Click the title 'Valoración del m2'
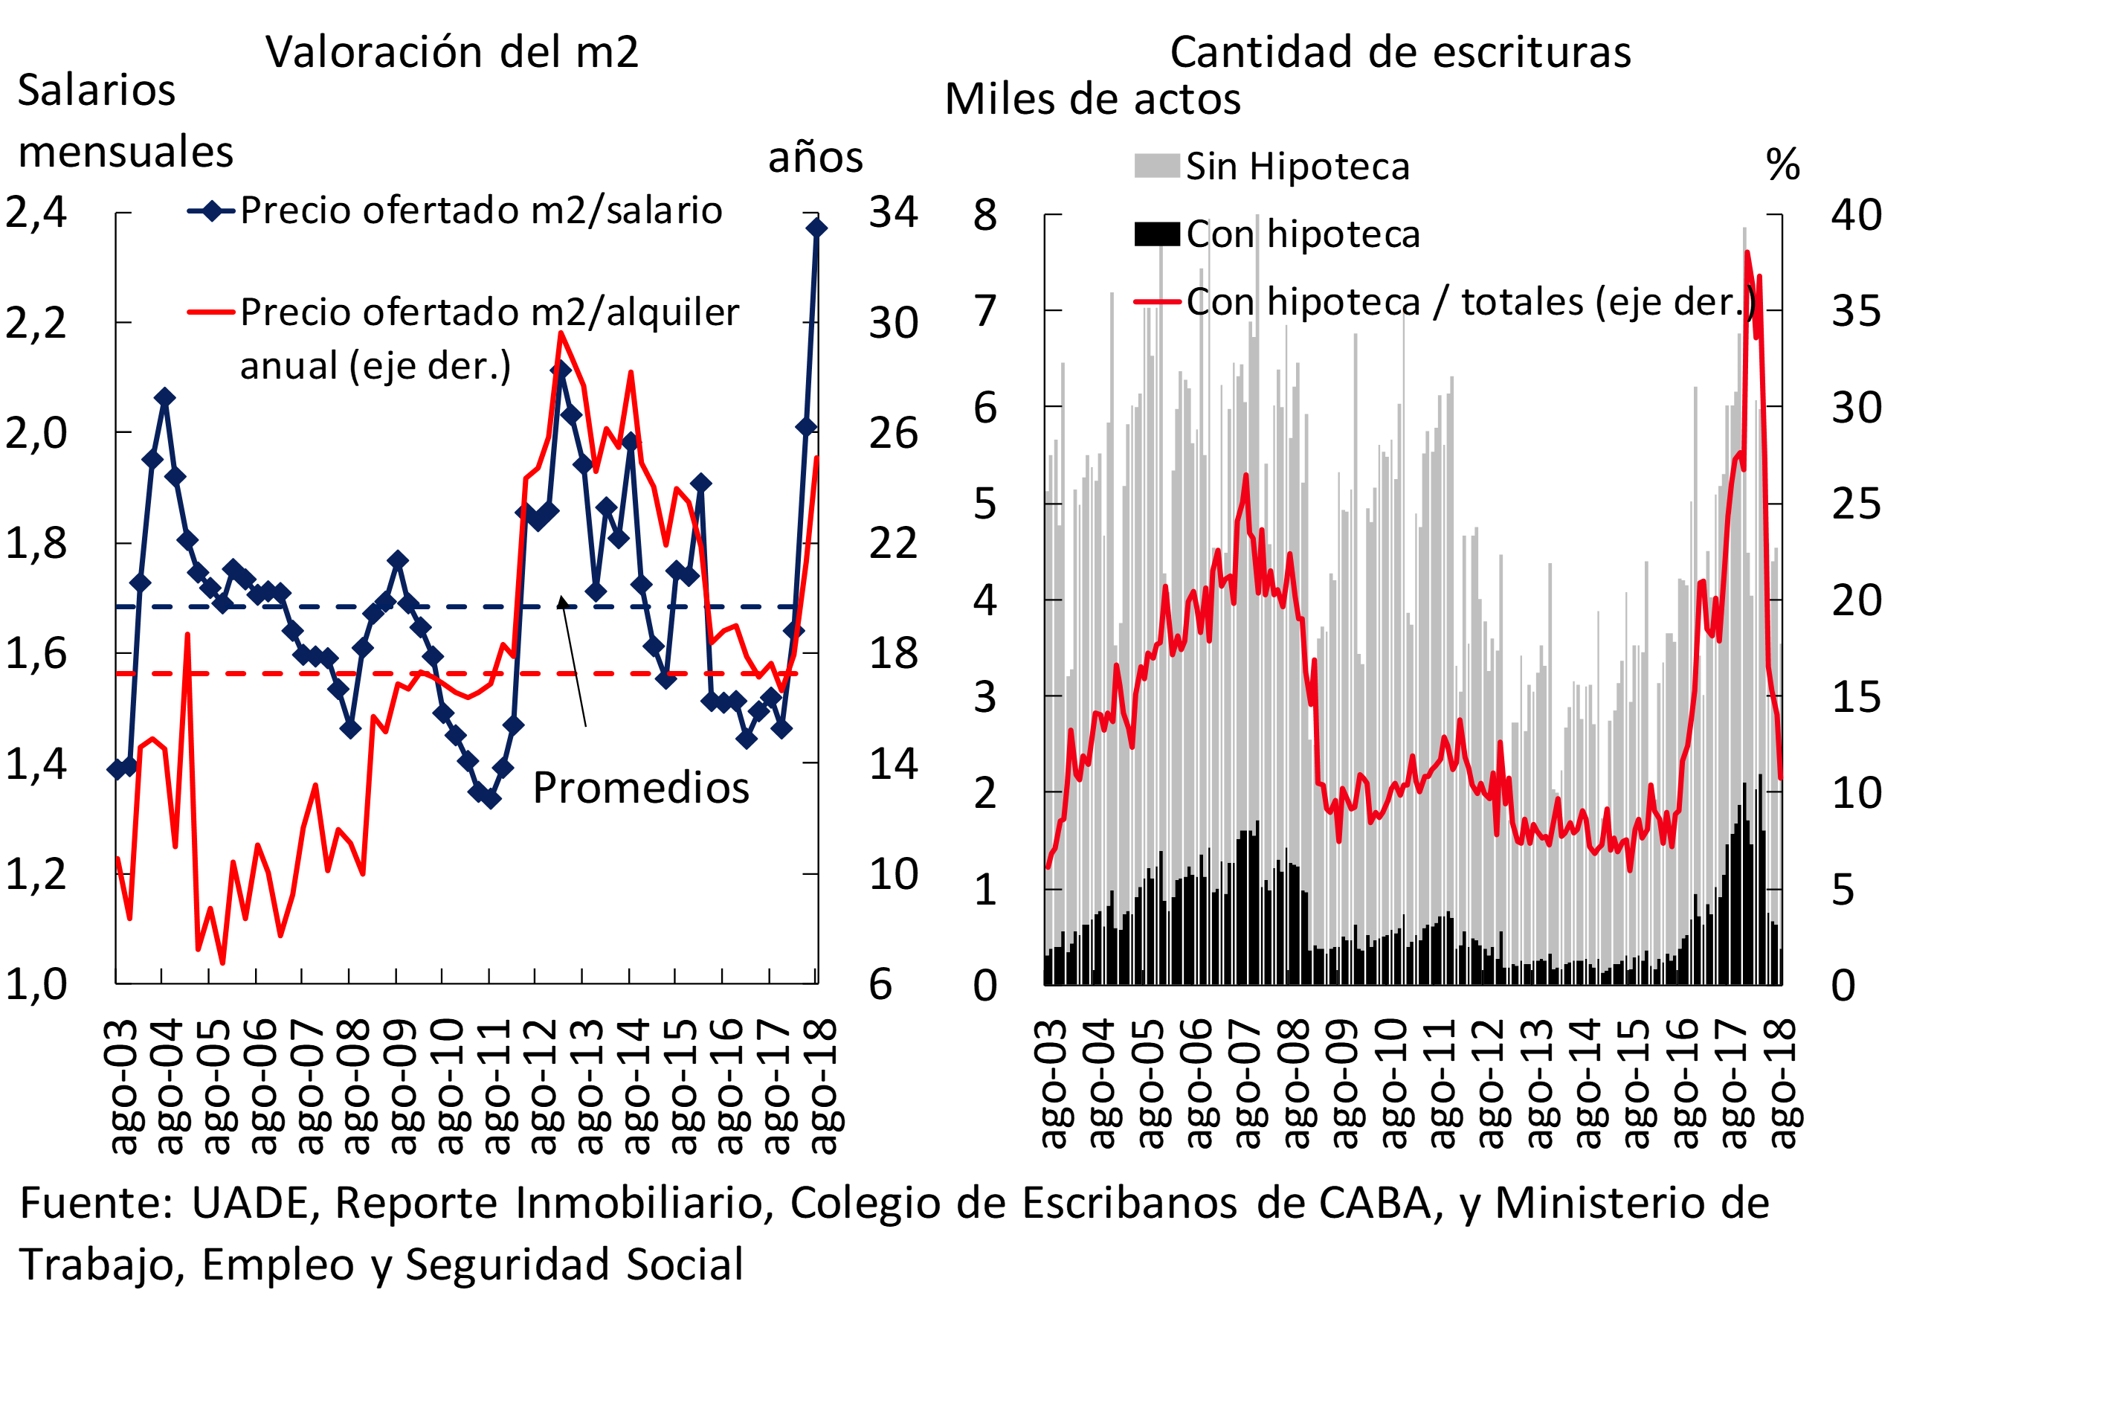tap(452, 52)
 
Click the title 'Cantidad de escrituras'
tap(1400, 52)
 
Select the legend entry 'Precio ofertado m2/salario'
tap(480, 211)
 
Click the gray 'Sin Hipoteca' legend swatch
tap(1156, 166)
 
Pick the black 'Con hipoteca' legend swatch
tap(1156, 234)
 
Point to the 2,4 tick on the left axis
tap(36, 213)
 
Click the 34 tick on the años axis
tap(893, 213)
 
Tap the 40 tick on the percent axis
tap(1856, 215)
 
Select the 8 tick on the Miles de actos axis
tap(985, 215)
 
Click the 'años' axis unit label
tap(816, 158)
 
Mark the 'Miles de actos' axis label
tap(1092, 100)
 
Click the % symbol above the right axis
tap(1782, 165)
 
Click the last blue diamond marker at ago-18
tap(816, 228)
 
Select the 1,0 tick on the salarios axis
tap(36, 983)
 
